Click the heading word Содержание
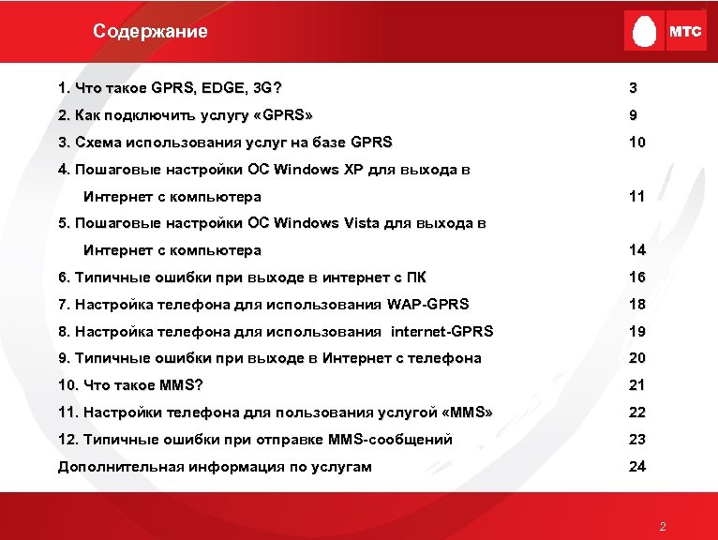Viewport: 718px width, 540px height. click(x=150, y=31)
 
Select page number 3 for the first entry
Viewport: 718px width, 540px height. click(x=634, y=89)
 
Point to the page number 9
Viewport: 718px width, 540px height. click(x=634, y=116)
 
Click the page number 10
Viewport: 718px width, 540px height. click(x=637, y=143)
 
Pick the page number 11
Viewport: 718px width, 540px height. click(x=637, y=198)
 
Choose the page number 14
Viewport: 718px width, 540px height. click(x=637, y=251)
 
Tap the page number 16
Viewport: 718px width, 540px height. click(x=637, y=277)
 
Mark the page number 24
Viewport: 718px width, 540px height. click(x=637, y=467)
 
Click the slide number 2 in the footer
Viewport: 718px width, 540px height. click(x=663, y=527)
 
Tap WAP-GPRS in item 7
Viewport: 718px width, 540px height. click(x=426, y=305)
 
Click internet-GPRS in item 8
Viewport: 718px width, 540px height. click(x=441, y=332)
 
